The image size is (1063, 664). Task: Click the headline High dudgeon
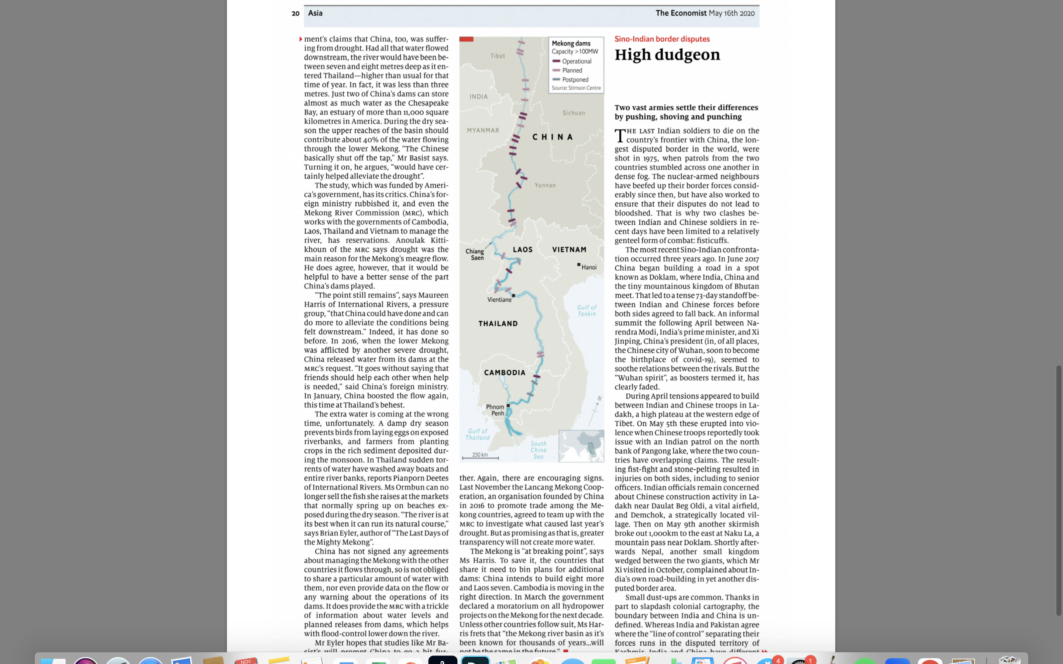pyautogui.click(x=667, y=55)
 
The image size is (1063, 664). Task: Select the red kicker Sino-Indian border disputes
pyautogui.click(x=661, y=39)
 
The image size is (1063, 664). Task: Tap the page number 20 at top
pyautogui.click(x=296, y=14)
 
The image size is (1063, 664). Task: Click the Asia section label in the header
pyautogui.click(x=315, y=13)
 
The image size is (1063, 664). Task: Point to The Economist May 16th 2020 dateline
pyautogui.click(x=705, y=13)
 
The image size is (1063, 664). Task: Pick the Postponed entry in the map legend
pyautogui.click(x=575, y=79)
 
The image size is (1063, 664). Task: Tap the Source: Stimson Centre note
pyautogui.click(x=576, y=88)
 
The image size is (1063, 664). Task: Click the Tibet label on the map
pyautogui.click(x=497, y=56)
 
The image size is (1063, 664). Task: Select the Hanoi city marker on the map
pyautogui.click(x=579, y=265)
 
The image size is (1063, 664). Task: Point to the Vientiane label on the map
pyautogui.click(x=499, y=300)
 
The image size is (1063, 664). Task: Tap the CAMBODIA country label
pyautogui.click(x=504, y=373)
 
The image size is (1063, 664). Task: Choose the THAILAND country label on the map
pyautogui.click(x=498, y=324)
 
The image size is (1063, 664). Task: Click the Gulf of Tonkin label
pyautogui.click(x=586, y=311)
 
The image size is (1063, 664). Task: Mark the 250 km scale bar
pyautogui.click(x=480, y=457)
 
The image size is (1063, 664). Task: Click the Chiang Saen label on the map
pyautogui.click(x=475, y=254)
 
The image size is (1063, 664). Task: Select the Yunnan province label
pyautogui.click(x=545, y=185)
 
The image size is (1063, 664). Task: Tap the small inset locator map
pyautogui.click(x=581, y=446)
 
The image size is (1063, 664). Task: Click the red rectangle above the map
pyautogui.click(x=466, y=39)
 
